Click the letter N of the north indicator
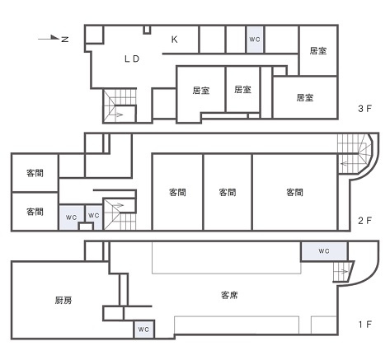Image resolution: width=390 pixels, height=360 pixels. [x=65, y=40]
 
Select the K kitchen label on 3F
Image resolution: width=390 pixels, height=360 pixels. [x=175, y=39]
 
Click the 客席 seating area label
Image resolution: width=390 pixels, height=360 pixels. [x=232, y=294]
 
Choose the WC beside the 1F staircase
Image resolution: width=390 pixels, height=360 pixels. [x=323, y=250]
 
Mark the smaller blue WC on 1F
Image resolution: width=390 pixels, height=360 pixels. [x=143, y=330]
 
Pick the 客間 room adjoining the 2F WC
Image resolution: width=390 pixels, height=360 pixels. [x=35, y=212]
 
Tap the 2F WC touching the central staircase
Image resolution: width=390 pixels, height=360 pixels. [x=94, y=216]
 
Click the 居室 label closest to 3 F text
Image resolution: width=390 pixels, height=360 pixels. [x=305, y=97]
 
